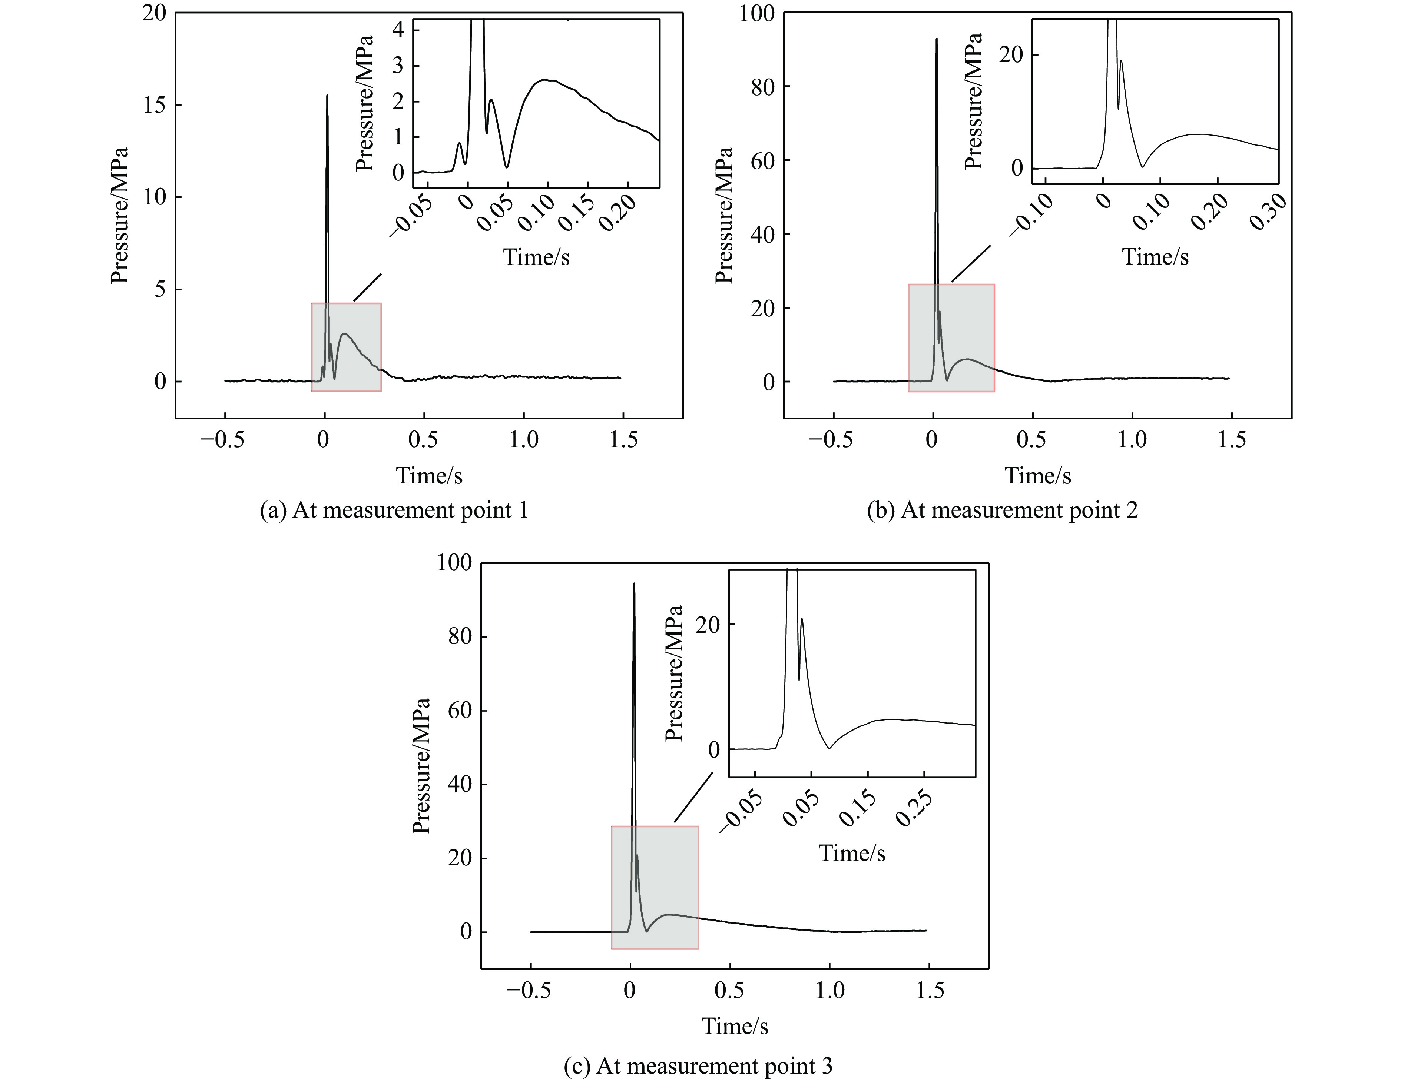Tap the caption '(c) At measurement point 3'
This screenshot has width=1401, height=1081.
[x=698, y=1065]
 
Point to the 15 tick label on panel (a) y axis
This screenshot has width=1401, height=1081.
[x=154, y=105]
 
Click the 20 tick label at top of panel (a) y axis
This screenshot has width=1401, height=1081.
[x=154, y=13]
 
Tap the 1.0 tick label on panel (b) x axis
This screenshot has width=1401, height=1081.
[x=1132, y=440]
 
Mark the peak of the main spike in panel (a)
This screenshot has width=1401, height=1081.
[x=327, y=96]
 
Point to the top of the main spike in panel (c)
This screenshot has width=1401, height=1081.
[x=634, y=583]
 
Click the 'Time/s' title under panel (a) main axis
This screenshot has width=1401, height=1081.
[x=428, y=475]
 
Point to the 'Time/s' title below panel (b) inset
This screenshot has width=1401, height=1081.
[x=1155, y=257]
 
